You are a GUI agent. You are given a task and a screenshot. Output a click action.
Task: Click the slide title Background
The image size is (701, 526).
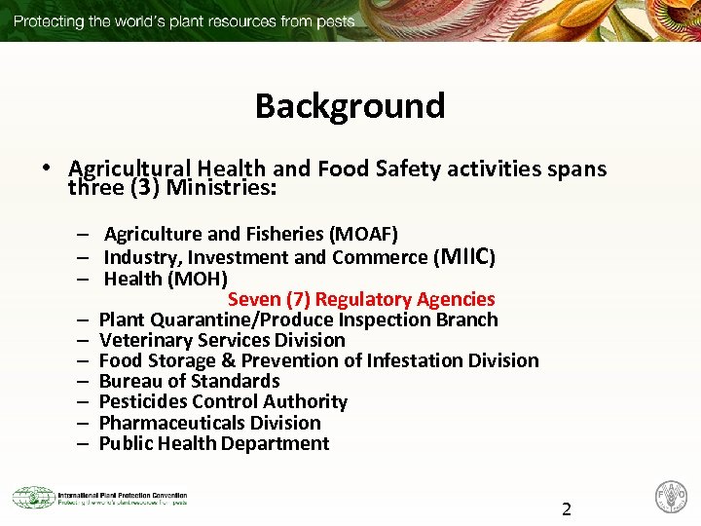coord(350,105)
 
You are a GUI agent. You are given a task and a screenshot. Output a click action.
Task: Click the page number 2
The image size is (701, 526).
coord(567,508)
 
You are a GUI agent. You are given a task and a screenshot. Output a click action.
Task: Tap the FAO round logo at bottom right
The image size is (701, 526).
coord(672,497)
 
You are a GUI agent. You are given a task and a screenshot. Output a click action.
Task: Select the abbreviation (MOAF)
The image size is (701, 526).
coord(363,234)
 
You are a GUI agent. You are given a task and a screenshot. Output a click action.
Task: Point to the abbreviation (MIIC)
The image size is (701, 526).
coord(468,257)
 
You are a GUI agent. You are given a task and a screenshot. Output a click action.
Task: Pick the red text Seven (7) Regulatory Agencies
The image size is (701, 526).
coord(361,299)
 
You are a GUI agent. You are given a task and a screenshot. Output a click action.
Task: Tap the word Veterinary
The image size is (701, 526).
coord(143,340)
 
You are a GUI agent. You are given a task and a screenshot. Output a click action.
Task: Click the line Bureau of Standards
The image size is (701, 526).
coord(189,381)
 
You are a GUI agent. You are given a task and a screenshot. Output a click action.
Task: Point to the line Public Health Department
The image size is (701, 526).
coord(214,443)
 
